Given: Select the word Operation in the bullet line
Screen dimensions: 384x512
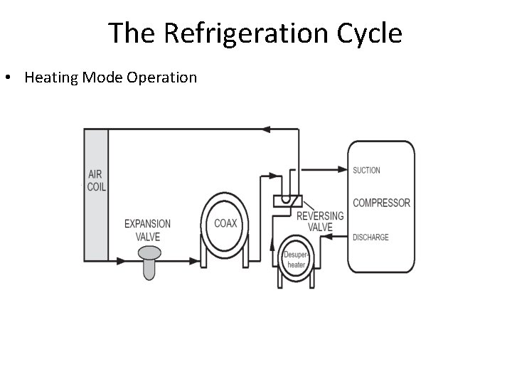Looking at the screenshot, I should (x=161, y=78).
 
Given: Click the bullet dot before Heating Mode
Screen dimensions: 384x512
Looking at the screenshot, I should (x=14, y=78).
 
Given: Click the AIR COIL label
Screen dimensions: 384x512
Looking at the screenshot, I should (x=96, y=181).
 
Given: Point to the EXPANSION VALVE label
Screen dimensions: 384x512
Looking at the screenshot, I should (x=147, y=229).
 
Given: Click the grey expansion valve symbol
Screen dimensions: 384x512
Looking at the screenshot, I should (x=149, y=260).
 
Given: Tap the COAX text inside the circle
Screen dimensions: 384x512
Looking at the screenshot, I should (x=226, y=223).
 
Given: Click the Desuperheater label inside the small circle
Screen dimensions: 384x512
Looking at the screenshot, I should (x=294, y=260).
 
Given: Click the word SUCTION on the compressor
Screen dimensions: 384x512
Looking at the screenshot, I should (x=366, y=170).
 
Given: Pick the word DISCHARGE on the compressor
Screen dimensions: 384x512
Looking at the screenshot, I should (x=370, y=237).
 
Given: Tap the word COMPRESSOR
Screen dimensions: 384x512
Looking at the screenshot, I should (x=381, y=203).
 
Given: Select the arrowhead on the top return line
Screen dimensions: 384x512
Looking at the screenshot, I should (x=267, y=129).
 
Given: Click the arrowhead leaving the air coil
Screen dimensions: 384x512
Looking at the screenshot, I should (x=121, y=261).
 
